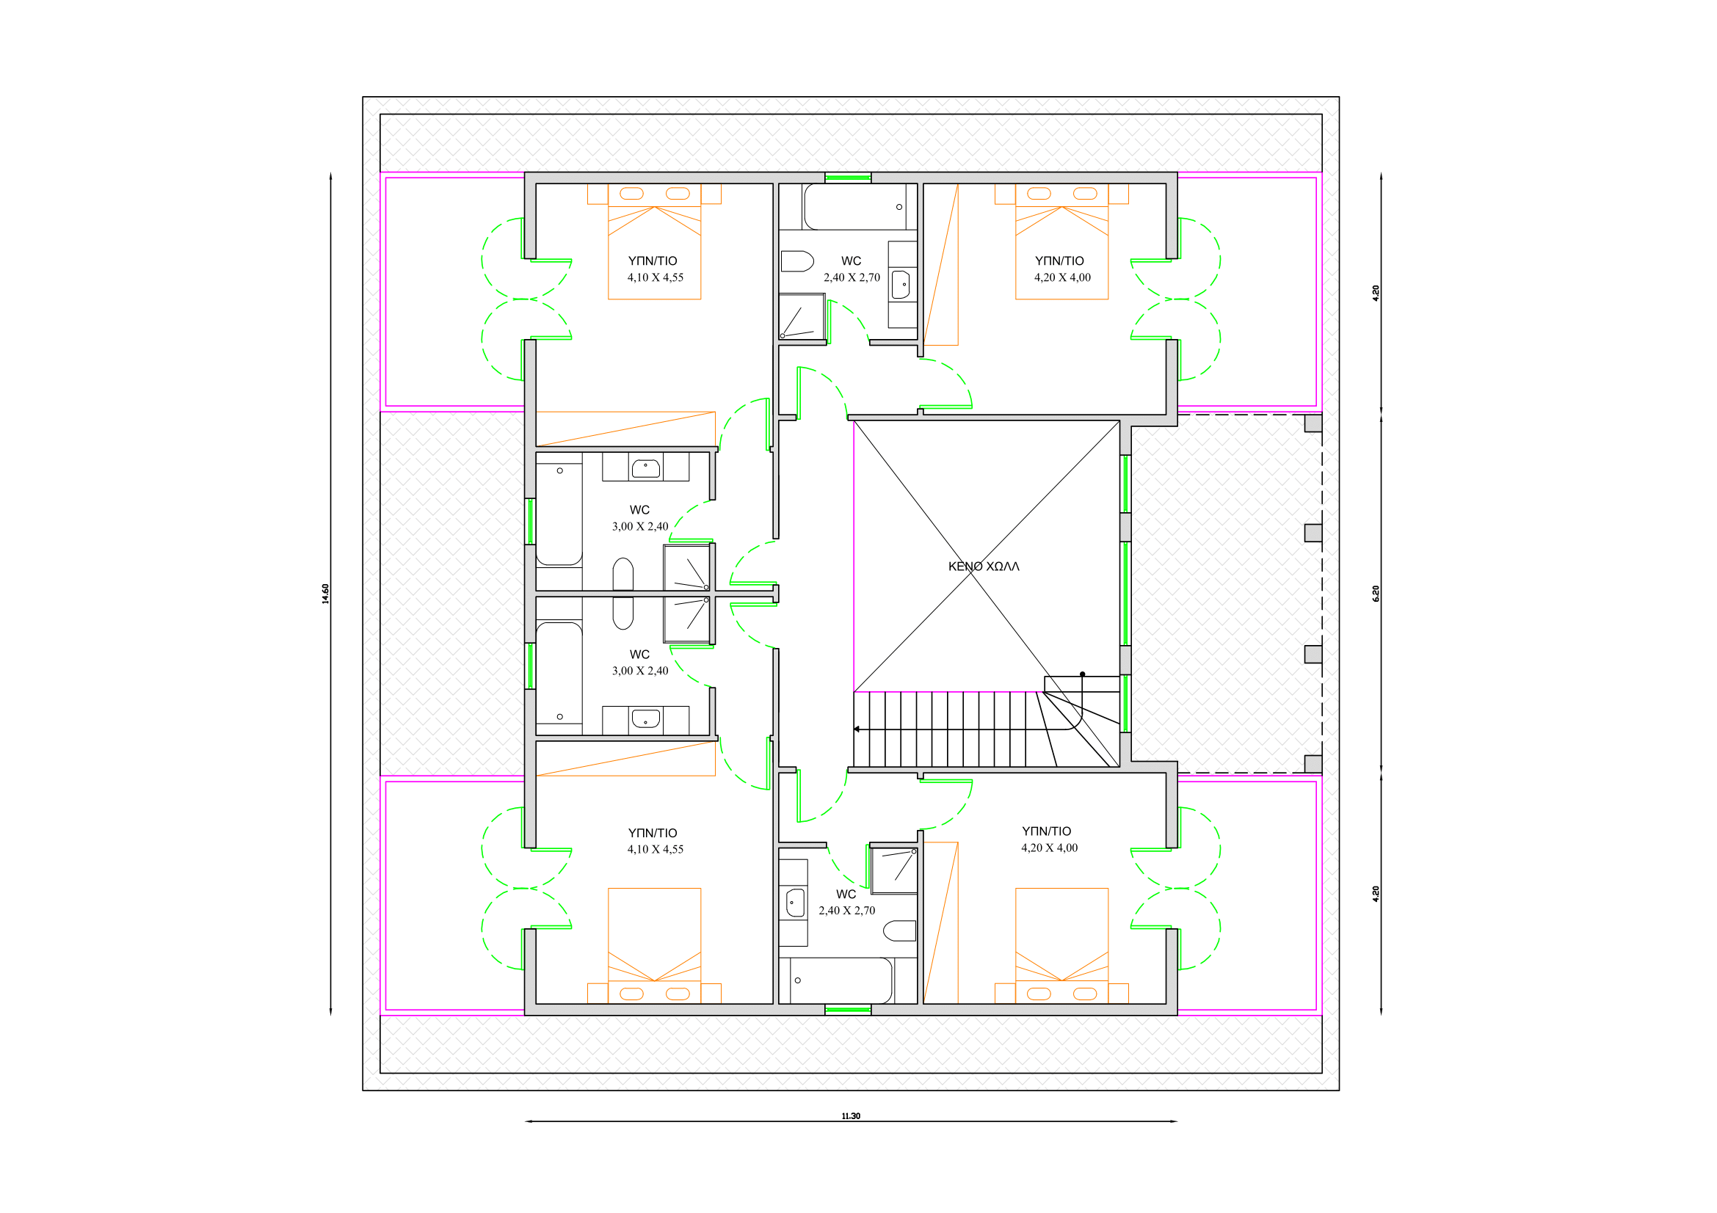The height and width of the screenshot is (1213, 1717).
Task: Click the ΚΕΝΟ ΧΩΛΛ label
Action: (984, 567)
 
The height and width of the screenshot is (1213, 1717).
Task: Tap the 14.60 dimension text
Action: (325, 594)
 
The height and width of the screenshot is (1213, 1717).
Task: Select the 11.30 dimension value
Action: (851, 1116)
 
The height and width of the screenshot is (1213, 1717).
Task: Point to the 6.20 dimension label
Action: (1375, 594)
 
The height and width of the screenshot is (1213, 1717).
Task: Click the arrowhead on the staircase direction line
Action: (857, 729)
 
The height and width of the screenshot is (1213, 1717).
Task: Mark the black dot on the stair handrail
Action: (1082, 674)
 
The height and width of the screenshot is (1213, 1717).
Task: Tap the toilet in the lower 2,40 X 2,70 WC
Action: (900, 931)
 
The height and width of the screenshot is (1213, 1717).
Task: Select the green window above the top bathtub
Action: (848, 178)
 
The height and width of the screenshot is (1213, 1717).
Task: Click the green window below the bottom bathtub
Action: (848, 1010)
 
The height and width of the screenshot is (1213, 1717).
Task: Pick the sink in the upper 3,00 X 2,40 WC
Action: (645, 469)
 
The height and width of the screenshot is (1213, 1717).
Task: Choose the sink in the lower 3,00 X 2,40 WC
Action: (645, 719)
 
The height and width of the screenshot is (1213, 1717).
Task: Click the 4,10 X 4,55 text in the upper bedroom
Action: (655, 277)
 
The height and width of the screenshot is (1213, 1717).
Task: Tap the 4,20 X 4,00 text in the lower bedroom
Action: (1049, 848)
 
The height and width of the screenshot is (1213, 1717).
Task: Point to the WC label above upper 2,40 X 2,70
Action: (851, 261)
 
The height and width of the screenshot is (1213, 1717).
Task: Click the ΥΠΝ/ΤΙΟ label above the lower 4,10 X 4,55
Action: (652, 833)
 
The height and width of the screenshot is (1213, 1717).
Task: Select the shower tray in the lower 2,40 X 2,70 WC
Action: (894, 871)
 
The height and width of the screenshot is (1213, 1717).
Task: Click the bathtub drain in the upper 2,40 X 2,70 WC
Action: (899, 207)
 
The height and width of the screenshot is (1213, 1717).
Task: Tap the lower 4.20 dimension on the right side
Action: (1375, 894)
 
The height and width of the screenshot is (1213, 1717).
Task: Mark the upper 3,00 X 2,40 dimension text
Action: (640, 526)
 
